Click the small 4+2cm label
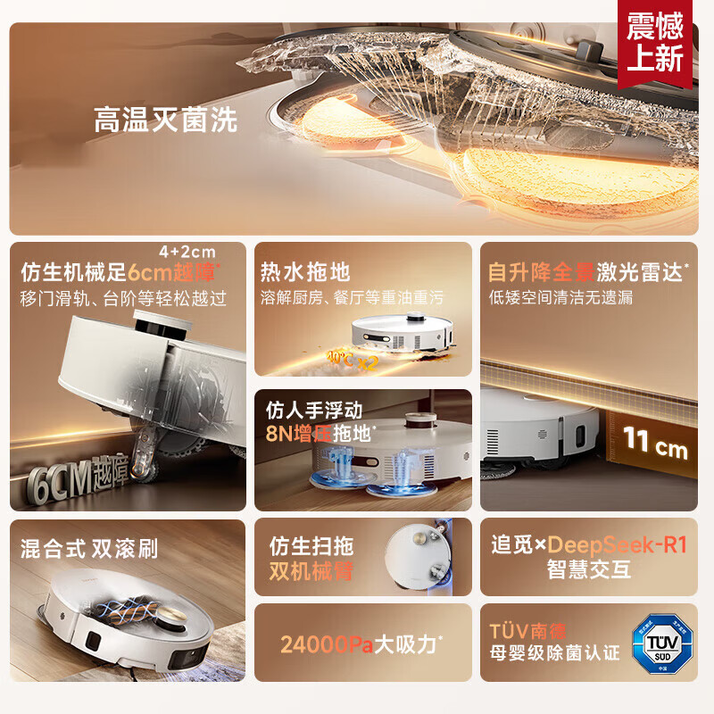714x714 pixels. [x=187, y=253]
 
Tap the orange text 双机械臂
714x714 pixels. [x=311, y=571]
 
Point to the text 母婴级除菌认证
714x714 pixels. [x=554, y=653]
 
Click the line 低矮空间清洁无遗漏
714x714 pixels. [x=561, y=297]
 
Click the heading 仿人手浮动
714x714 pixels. [x=314, y=411]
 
